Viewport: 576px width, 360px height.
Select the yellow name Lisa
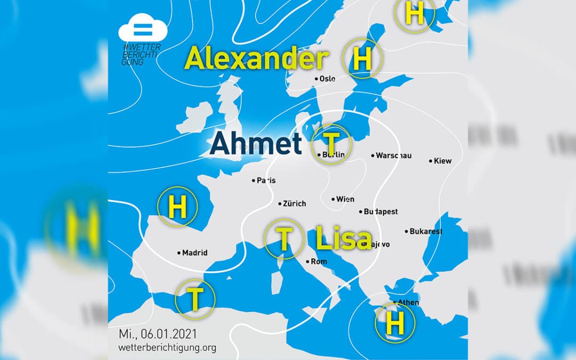point(343,238)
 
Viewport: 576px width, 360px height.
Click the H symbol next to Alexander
point(362,59)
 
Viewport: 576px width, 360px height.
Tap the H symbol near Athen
point(395,322)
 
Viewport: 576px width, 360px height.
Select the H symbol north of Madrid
point(178,207)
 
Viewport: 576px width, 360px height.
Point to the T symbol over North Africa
point(195,299)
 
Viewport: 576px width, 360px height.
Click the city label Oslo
point(327,78)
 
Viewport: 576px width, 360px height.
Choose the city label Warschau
point(394,156)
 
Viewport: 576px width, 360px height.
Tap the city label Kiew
point(443,161)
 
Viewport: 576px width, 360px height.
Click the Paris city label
point(266,180)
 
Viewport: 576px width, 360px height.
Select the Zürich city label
point(294,204)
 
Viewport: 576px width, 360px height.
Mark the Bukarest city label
point(426,231)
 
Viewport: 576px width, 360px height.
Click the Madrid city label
point(195,253)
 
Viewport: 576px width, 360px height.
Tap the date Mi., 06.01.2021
point(158,334)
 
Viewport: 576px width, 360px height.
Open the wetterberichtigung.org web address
point(167,348)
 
